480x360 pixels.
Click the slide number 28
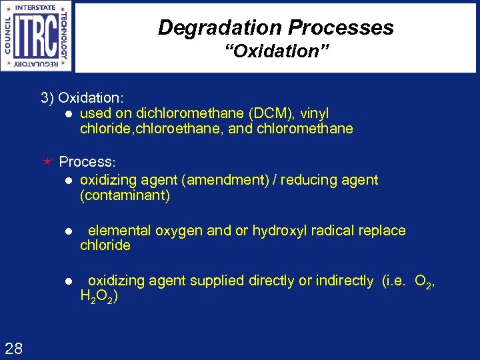click(13, 347)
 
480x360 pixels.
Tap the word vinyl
click(315, 114)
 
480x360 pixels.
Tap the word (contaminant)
click(125, 196)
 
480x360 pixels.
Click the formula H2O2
click(99, 297)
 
